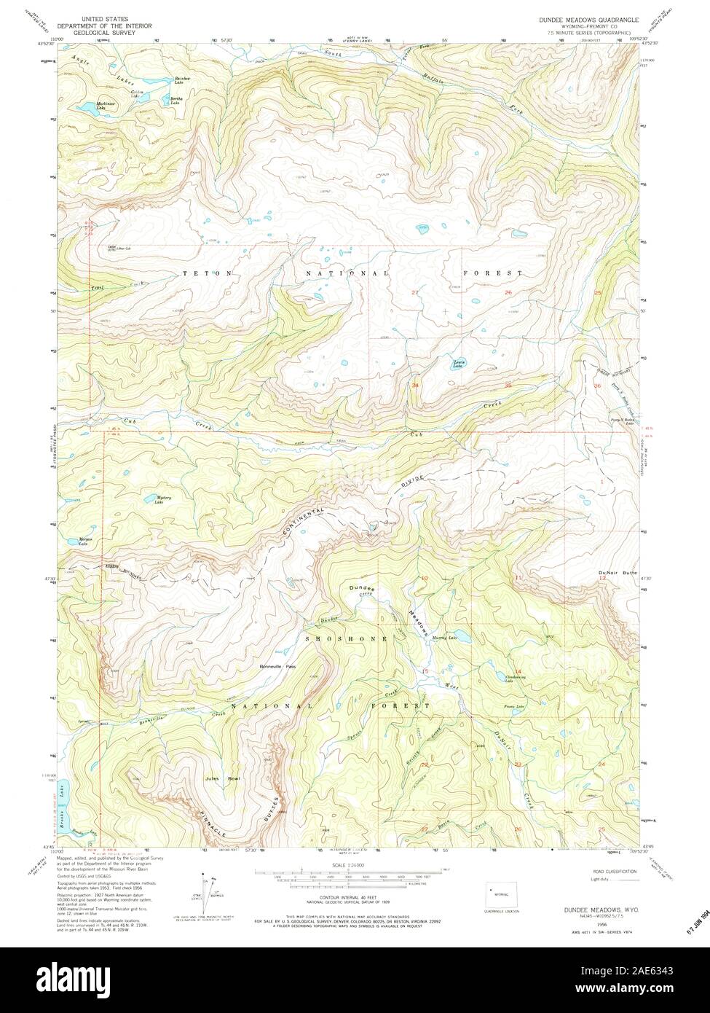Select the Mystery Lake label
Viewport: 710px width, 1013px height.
[164, 499]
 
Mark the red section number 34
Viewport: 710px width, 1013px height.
[415, 384]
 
